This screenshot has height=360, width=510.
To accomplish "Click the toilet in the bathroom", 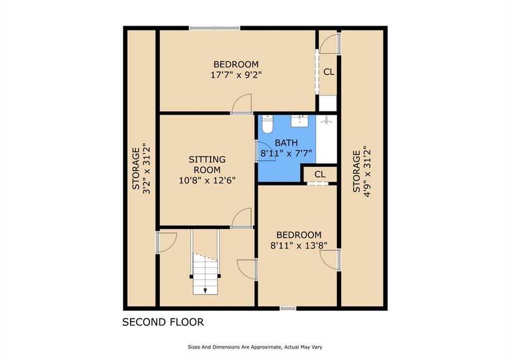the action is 267,124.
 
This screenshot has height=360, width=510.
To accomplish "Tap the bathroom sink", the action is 299,120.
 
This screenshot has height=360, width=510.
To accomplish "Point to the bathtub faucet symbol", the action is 326,120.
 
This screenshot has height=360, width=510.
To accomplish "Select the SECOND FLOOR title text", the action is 163,322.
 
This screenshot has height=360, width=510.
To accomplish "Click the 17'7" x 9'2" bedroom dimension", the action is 236,75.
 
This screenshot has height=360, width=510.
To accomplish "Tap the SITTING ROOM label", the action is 207,164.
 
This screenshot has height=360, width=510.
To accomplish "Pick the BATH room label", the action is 286,142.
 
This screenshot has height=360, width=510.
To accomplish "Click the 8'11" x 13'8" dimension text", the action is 299,245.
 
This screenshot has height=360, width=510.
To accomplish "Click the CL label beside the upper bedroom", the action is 329,72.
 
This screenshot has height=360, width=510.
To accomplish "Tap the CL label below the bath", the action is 320,174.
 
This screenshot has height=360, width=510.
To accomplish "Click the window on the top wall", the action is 215,28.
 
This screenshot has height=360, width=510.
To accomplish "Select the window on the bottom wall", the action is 288,308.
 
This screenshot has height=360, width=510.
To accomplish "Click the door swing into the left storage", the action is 166,242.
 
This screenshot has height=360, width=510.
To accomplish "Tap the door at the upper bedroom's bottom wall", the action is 242,104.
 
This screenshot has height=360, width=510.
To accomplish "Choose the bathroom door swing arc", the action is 266,151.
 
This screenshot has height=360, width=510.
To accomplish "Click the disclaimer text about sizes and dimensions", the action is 255,347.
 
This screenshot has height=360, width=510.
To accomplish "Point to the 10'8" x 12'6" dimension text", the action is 207,180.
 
